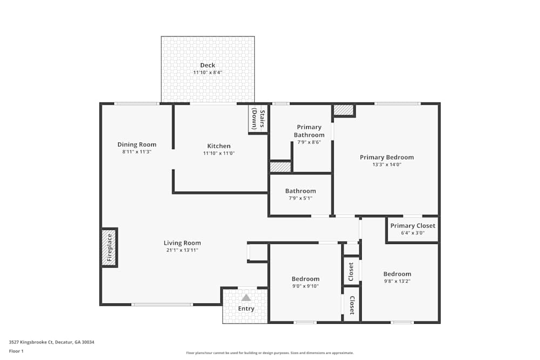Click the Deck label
pyautogui.click(x=207, y=65)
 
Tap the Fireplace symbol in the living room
pyautogui.click(x=109, y=247)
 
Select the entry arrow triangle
pyautogui.click(x=246, y=297)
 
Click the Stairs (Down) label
pyautogui.click(x=258, y=119)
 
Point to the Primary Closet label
pyautogui.click(x=413, y=226)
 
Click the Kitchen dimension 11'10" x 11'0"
pyautogui.click(x=219, y=153)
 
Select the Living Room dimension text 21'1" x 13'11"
pyautogui.click(x=182, y=250)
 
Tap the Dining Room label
pyautogui.click(x=137, y=144)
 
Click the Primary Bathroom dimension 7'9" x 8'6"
pyautogui.click(x=309, y=142)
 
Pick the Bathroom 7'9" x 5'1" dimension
pyautogui.click(x=300, y=198)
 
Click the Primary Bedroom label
pyautogui.click(x=387, y=157)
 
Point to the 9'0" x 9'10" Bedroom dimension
pyautogui.click(x=306, y=286)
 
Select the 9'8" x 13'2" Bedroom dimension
pyautogui.click(x=397, y=281)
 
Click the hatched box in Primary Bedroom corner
pyautogui.click(x=343, y=110)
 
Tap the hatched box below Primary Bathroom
pyautogui.click(x=280, y=167)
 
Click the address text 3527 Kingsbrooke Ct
pyautogui.click(x=51, y=342)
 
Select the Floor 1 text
pyautogui.click(x=16, y=351)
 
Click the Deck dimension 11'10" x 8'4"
pyautogui.click(x=207, y=72)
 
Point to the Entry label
pyautogui.click(x=246, y=309)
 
